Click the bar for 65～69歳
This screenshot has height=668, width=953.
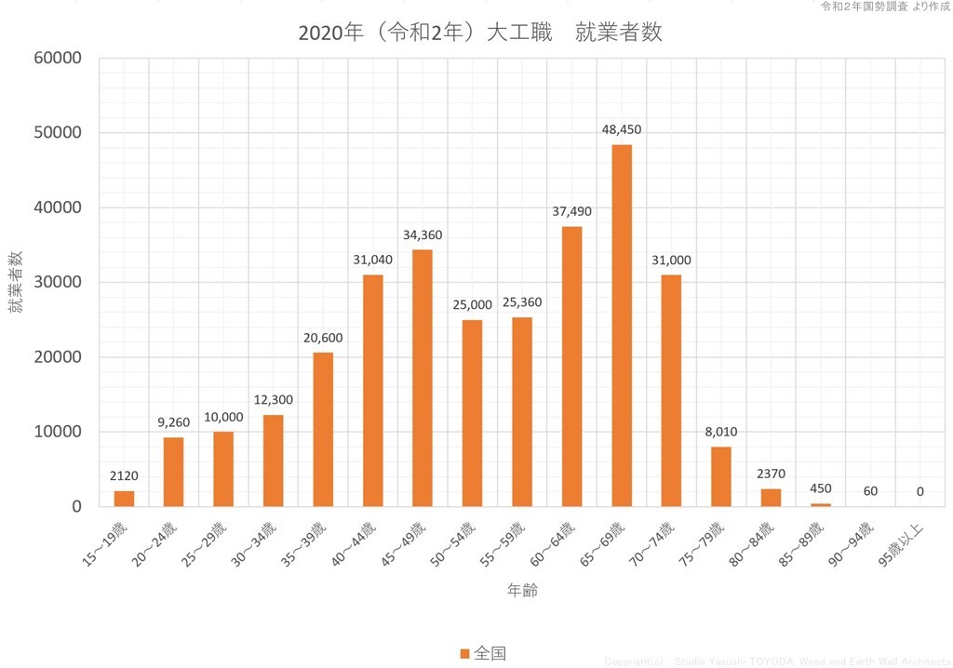622,326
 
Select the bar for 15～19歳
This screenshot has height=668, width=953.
124,499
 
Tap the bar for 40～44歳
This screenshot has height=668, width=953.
372,391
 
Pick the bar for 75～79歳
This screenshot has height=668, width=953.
721,476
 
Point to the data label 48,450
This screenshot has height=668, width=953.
622,129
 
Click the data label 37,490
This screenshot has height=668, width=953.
571,211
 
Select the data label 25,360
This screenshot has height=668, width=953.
522,301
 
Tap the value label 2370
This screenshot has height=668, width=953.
771,474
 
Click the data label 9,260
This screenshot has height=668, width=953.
174,421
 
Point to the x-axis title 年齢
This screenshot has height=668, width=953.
521,590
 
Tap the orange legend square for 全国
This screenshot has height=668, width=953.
464,653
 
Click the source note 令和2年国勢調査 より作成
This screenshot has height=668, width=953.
884,7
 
